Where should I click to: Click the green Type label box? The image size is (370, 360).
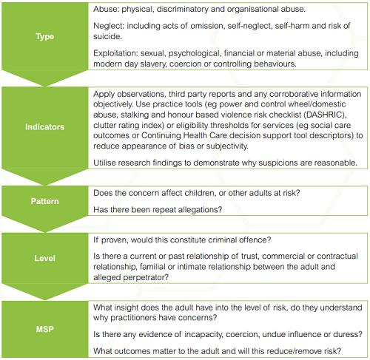click(x=44, y=36)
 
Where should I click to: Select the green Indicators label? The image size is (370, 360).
click(x=44, y=126)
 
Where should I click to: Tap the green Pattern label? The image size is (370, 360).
click(x=44, y=200)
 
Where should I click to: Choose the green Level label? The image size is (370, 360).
click(x=44, y=258)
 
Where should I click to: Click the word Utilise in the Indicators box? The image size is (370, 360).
click(x=108, y=161)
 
